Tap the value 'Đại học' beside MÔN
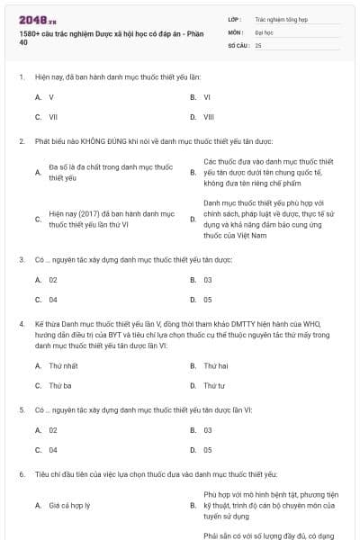click(x=265, y=31)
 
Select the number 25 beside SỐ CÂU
click(x=258, y=44)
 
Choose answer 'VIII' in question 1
click(x=209, y=117)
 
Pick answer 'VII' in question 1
click(x=53, y=117)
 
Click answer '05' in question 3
click(x=208, y=300)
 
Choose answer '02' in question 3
click(x=53, y=280)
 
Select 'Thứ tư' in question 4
click(x=214, y=385)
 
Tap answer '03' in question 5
click(x=208, y=430)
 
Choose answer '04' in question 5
click(x=53, y=450)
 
